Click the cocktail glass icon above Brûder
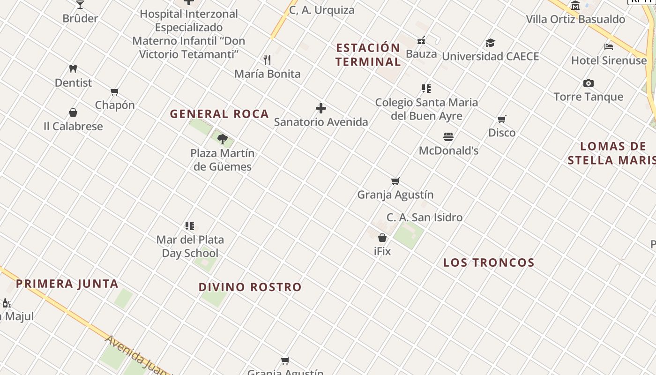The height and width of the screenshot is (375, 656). coord(80,4)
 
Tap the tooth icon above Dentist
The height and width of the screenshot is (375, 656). coord(73,69)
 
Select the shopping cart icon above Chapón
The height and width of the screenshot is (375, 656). coord(115,91)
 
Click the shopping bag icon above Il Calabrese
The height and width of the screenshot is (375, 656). coord(73,112)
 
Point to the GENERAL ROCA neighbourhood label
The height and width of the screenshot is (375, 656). coord(219,114)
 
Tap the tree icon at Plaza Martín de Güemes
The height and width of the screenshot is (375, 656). coord(223,139)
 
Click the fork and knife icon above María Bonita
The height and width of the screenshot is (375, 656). coord(267,60)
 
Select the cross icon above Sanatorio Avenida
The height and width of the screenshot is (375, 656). coord(321,109)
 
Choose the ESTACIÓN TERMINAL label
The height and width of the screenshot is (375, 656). coord(368,55)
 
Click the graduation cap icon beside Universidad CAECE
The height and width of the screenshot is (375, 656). coord(490,43)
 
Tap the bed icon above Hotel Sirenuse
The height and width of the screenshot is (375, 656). coord(609,46)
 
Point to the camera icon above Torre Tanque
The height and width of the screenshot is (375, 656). coord(589,83)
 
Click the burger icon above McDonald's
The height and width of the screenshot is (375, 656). coord(448,137)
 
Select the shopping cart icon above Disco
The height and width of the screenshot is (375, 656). coord(502,119)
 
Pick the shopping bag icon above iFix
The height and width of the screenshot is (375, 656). coord(382,238)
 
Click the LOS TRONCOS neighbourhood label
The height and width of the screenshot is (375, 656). coord(489,263)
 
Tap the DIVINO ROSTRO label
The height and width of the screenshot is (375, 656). coord(250,287)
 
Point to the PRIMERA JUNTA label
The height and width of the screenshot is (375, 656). coord(67,284)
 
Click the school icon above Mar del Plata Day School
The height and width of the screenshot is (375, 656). coord(190,226)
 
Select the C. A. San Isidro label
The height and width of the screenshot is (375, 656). coord(425,217)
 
